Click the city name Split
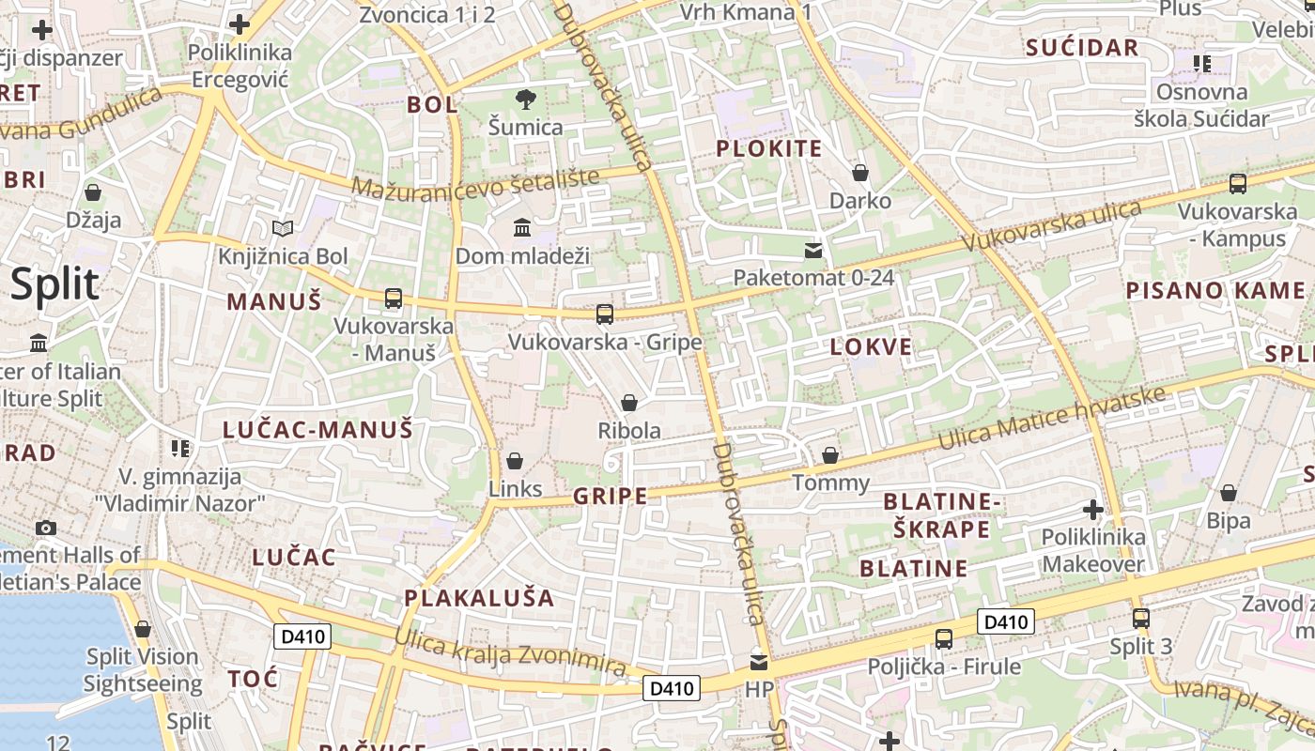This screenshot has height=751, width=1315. pyautogui.click(x=54, y=284)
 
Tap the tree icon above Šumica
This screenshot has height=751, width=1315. pyautogui.click(x=526, y=99)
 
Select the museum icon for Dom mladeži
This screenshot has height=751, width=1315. pyautogui.click(x=522, y=227)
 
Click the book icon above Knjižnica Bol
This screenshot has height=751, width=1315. pyautogui.click(x=283, y=228)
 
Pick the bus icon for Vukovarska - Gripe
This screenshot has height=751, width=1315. pyautogui.click(x=605, y=314)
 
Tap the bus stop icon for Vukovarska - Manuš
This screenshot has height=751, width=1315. pyautogui.click(x=394, y=299)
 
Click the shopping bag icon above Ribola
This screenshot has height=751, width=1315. pyautogui.click(x=629, y=403)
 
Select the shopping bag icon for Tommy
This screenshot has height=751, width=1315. pyautogui.click(x=830, y=455)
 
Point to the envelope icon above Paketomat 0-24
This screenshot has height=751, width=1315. pyautogui.click(x=813, y=250)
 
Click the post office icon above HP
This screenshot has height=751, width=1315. pyautogui.click(x=759, y=662)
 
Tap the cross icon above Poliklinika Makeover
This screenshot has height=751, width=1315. pyautogui.click(x=1093, y=510)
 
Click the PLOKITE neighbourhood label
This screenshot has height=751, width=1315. pyautogui.click(x=769, y=148)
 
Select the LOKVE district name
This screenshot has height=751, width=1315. pyautogui.click(x=872, y=346)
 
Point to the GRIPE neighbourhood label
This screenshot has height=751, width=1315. pyautogui.click(x=611, y=496)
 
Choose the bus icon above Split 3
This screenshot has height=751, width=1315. pyautogui.click(x=1141, y=619)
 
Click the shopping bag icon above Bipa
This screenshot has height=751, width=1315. pyautogui.click(x=1229, y=493)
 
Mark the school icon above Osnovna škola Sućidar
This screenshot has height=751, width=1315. pyautogui.click(x=1202, y=64)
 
